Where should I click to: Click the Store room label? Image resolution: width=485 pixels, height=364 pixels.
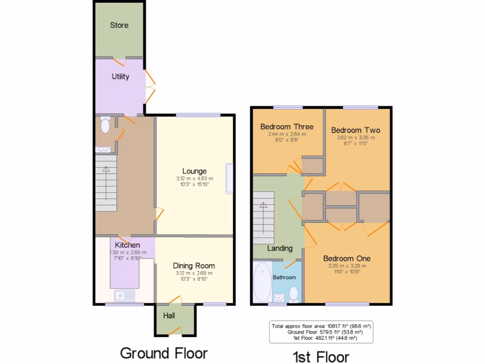pyautogui.click(x=119, y=25)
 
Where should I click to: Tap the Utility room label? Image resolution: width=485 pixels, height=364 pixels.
pyautogui.click(x=120, y=76)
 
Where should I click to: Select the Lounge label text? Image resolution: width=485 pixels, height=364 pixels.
pyautogui.click(x=195, y=171)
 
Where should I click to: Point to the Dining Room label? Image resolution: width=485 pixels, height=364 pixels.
pyautogui.click(x=194, y=265)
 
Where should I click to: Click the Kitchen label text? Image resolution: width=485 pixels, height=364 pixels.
pyautogui.click(x=127, y=245)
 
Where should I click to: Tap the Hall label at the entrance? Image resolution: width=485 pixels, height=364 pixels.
pyautogui.click(x=169, y=316)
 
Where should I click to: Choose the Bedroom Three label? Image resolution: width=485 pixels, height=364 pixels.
pyautogui.click(x=287, y=127)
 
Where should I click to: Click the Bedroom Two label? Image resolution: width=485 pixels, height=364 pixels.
pyautogui.click(x=355, y=130)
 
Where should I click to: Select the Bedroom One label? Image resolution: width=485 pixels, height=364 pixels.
pyautogui.click(x=347, y=258)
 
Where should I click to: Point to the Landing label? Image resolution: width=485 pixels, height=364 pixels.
pyautogui.click(x=279, y=248)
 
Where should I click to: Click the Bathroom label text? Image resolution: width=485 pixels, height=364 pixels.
pyautogui.click(x=284, y=277)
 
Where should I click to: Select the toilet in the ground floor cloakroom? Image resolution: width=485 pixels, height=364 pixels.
pyautogui.click(x=105, y=125)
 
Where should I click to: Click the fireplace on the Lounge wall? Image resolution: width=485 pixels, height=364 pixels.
pyautogui.click(x=230, y=178)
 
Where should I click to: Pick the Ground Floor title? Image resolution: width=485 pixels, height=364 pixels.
pyautogui.click(x=163, y=353)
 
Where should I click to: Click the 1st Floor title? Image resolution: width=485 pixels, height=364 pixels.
pyautogui.click(x=320, y=356)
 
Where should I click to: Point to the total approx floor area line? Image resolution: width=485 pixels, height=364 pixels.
pyautogui.click(x=321, y=326)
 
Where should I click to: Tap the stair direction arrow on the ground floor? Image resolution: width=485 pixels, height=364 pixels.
pyautogui.click(x=106, y=169)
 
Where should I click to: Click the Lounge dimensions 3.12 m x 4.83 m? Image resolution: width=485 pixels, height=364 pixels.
pyautogui.click(x=195, y=179)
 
